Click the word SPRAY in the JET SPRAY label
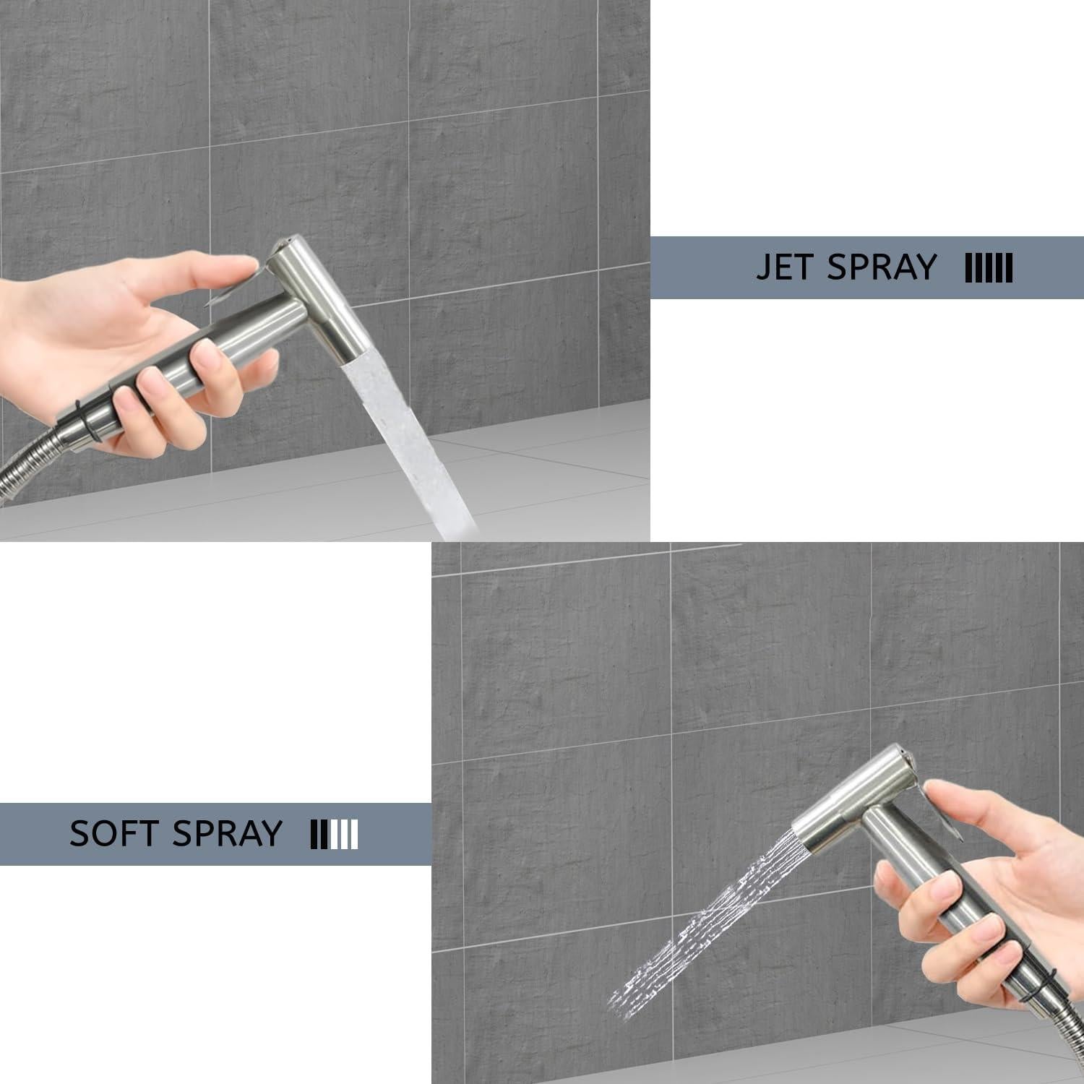882,267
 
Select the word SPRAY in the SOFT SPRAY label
227,834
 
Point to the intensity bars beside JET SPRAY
989,268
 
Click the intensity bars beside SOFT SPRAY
334,835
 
